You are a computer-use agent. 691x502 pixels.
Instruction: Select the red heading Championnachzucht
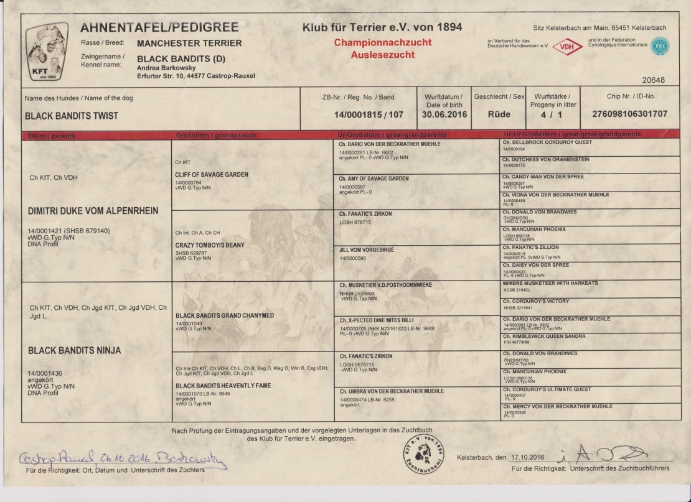pyautogui.click(x=382, y=43)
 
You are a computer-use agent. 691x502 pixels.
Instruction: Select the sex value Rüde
pyautogui.click(x=499, y=114)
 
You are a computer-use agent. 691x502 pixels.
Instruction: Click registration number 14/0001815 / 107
pyautogui.click(x=369, y=114)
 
